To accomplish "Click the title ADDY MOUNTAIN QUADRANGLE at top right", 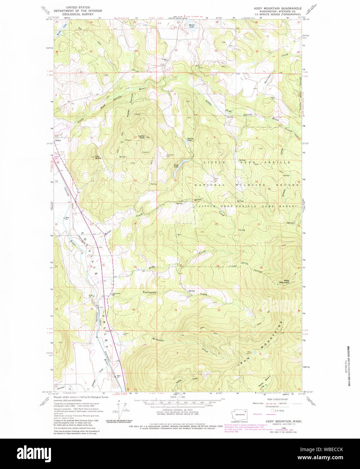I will [278, 7].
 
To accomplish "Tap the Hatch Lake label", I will [192, 25].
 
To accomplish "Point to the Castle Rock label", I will [141, 137].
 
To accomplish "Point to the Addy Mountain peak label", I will [284, 281].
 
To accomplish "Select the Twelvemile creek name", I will [150, 292].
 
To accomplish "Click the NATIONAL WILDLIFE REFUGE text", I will [247, 185].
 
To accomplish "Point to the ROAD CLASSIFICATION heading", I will [278, 399].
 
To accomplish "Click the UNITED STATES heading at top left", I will [78, 7].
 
